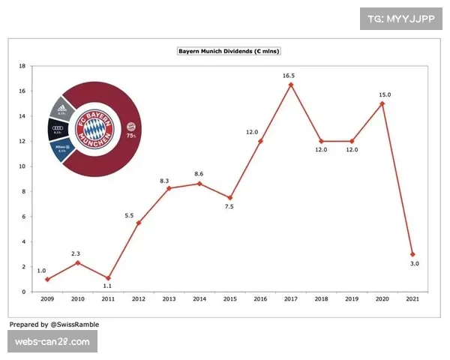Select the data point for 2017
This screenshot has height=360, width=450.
[x=291, y=85]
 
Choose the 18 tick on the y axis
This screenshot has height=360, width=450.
[x=23, y=66]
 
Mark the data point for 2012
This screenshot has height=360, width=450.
[x=137, y=223]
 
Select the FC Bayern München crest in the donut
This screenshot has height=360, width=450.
[x=97, y=129]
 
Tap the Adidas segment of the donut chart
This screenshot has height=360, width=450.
[x=63, y=110]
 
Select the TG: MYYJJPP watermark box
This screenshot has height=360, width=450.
[x=403, y=18]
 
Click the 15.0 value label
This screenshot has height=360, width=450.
[x=382, y=94]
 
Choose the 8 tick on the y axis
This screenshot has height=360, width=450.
[x=23, y=191]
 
